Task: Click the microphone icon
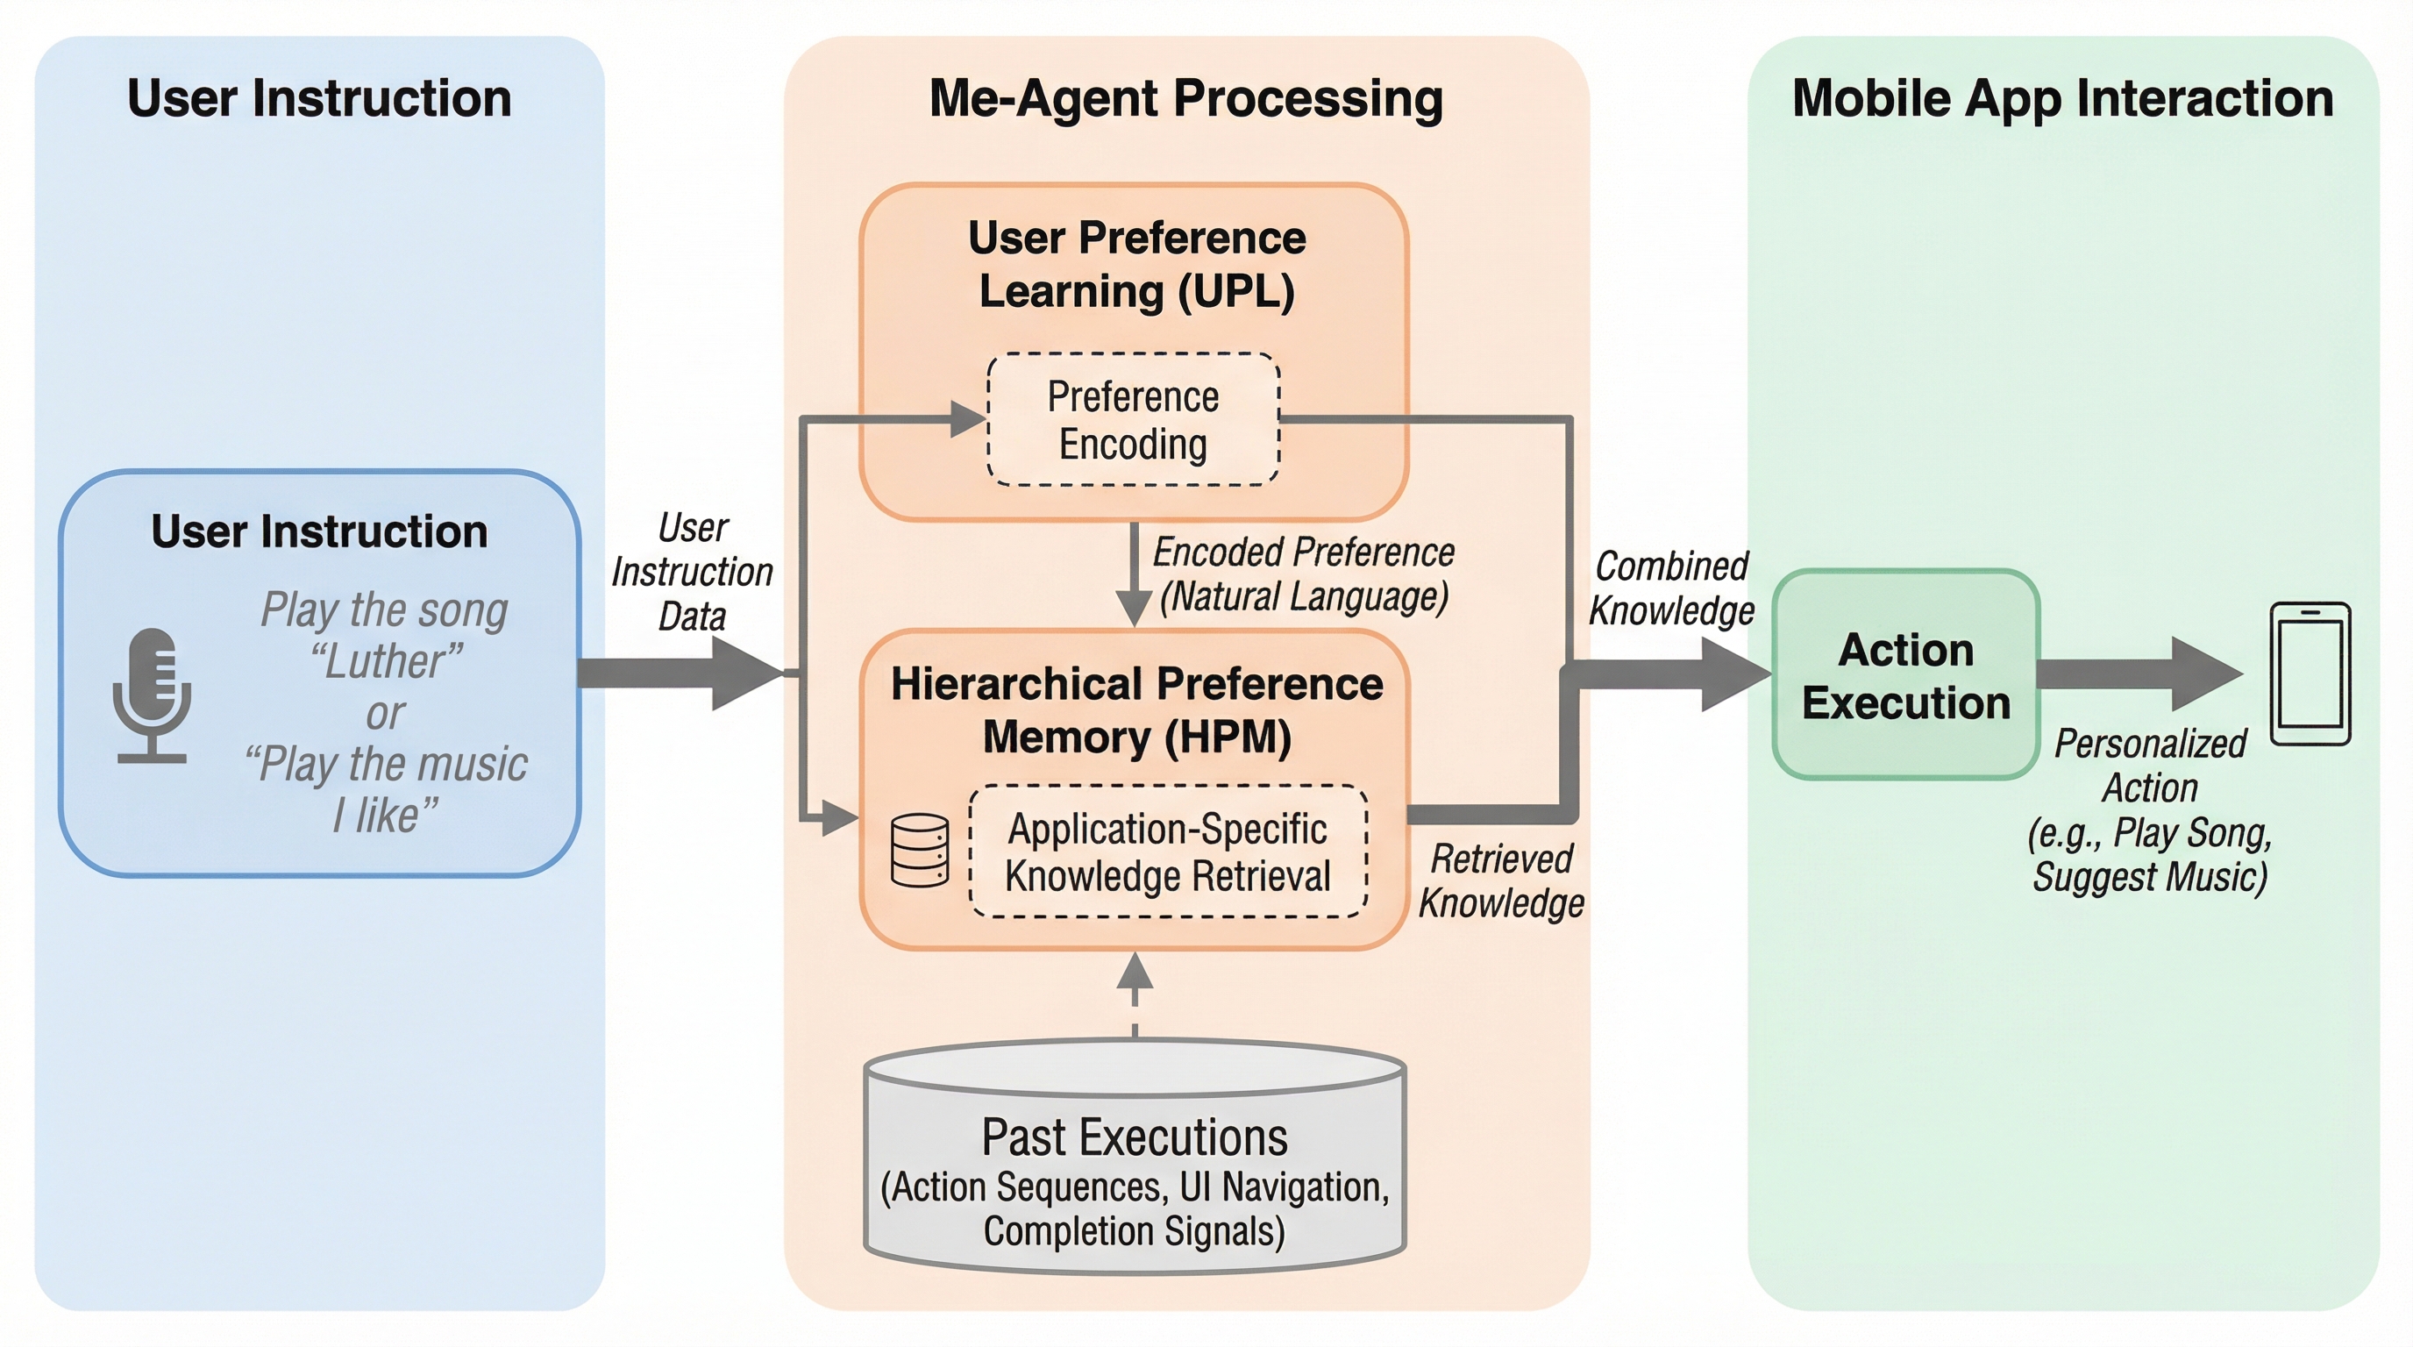pos(152,694)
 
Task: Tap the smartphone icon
pos(2310,673)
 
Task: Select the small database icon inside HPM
pos(919,851)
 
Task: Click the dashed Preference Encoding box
pos(1134,420)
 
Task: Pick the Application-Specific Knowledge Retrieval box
pos(1167,852)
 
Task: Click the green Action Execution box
pos(1905,675)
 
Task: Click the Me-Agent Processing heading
pos(1185,98)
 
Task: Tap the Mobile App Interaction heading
pos(2061,98)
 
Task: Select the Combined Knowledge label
pos(1671,588)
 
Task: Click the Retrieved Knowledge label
pos(1502,880)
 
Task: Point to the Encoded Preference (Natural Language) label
pos(1303,574)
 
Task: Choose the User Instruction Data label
pos(692,572)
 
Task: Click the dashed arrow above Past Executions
pos(1135,993)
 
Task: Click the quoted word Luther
pos(387,661)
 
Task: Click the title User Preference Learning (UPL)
pos(1136,264)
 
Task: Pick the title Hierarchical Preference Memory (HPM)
pos(1136,710)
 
